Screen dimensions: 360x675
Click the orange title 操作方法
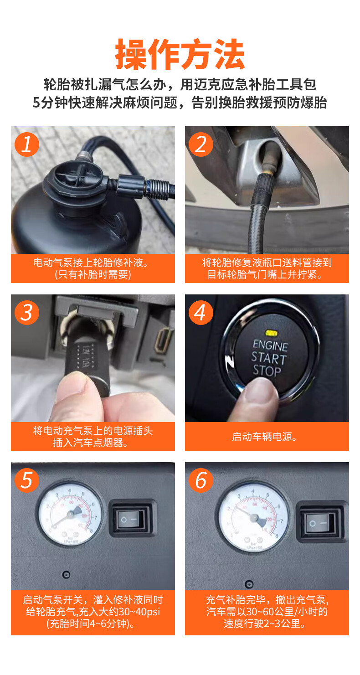(180, 54)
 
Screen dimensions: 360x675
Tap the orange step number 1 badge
(27, 144)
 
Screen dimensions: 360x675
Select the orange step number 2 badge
(201, 144)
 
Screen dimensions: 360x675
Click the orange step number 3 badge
(27, 313)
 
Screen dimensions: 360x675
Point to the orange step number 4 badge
(201, 313)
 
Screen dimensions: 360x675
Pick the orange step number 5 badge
(27, 480)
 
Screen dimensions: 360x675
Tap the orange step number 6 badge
(201, 480)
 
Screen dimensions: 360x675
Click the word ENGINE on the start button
(270, 345)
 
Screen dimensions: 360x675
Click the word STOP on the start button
(267, 371)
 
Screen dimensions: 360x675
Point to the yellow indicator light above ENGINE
(271, 333)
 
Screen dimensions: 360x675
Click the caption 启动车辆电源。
(264, 437)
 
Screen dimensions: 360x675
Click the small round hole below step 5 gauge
(66, 575)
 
